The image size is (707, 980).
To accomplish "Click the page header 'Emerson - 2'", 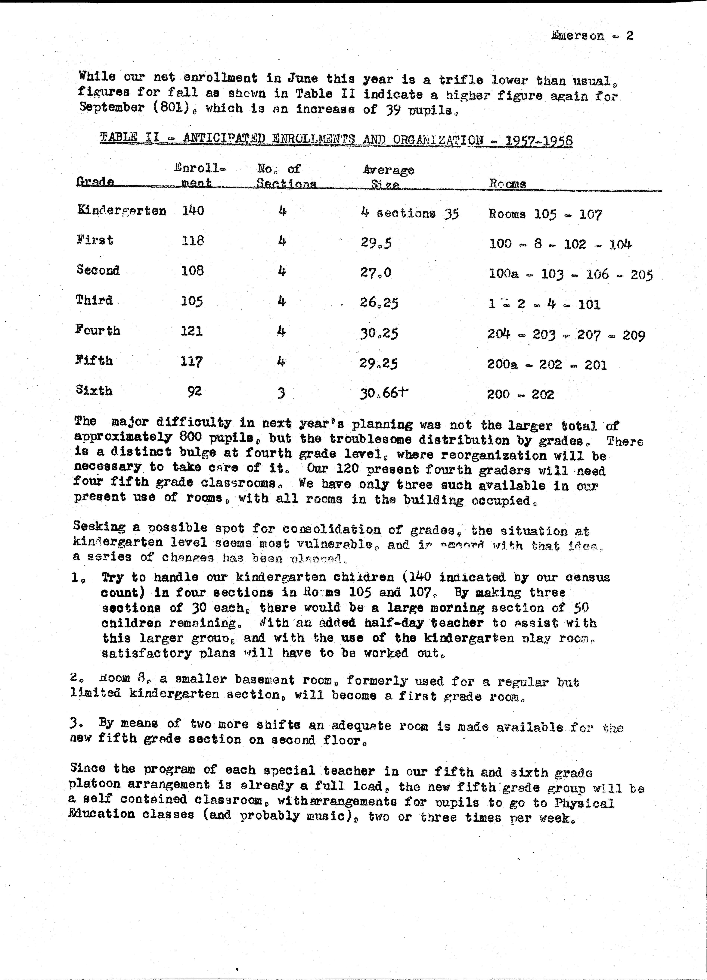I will pos(592,36).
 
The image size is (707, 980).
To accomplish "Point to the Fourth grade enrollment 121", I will pos(191,331).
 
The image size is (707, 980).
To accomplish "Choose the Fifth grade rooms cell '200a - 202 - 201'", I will pos(547,365).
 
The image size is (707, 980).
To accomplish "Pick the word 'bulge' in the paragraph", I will pos(216,453).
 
